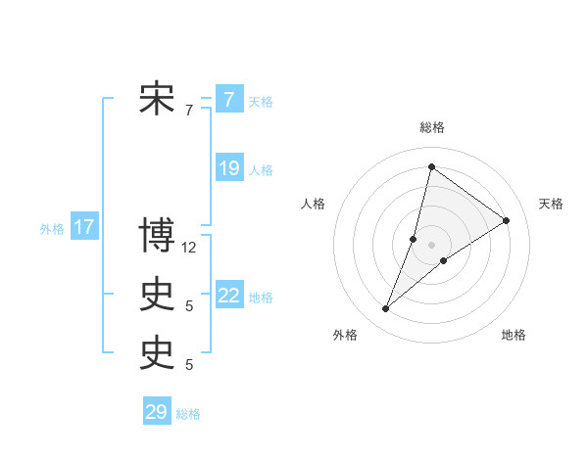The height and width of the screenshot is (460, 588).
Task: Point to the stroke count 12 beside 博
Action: coord(189,248)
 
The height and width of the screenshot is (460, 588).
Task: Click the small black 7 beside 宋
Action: coord(189,111)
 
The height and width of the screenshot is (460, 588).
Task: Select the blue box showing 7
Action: coord(228,100)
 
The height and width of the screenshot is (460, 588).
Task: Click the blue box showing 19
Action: coord(229,168)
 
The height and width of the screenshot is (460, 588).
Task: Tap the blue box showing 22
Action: coord(229,296)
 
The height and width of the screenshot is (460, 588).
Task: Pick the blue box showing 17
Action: coord(84,228)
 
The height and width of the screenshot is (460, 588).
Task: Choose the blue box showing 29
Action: coord(157,412)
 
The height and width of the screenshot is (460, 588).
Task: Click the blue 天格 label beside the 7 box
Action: coord(261,101)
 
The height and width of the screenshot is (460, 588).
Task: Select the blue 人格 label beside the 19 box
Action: coord(261,170)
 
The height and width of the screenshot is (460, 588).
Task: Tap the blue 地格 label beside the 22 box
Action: coord(261,298)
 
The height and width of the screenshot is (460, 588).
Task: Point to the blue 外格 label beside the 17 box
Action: coord(52,229)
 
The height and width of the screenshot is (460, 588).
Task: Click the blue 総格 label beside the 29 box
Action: coord(188,414)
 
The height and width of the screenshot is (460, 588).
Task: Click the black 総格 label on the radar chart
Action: coord(431,127)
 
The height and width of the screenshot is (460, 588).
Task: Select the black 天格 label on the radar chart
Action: coord(551,204)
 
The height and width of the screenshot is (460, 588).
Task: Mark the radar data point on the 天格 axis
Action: coord(507,220)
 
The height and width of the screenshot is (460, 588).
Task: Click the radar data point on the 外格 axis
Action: coord(385,309)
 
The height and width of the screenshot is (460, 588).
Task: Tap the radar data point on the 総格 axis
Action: coord(431,167)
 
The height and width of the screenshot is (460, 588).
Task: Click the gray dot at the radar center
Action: coord(431,245)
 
